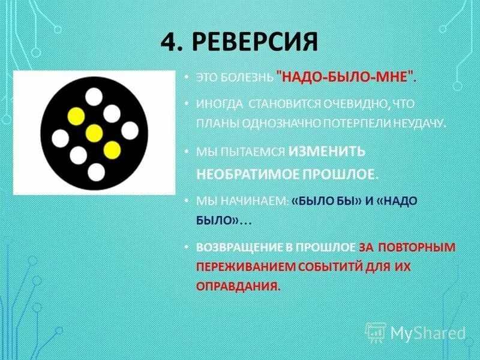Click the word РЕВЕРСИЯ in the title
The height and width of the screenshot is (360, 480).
pos(256,43)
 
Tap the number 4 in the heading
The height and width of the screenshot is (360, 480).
pos(169,43)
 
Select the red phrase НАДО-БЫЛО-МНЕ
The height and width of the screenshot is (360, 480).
pos(345,77)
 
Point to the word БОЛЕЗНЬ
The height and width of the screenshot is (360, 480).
pos(245,77)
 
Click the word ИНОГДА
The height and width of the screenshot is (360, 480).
pos(220,104)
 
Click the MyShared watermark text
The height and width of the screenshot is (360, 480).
pos(428,332)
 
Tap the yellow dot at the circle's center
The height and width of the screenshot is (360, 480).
pos(94,133)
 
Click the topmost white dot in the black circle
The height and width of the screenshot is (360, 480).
pos(94,96)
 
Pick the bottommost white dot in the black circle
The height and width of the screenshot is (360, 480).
pos(95,172)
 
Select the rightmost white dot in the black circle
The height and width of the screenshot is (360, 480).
pos(130,130)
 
